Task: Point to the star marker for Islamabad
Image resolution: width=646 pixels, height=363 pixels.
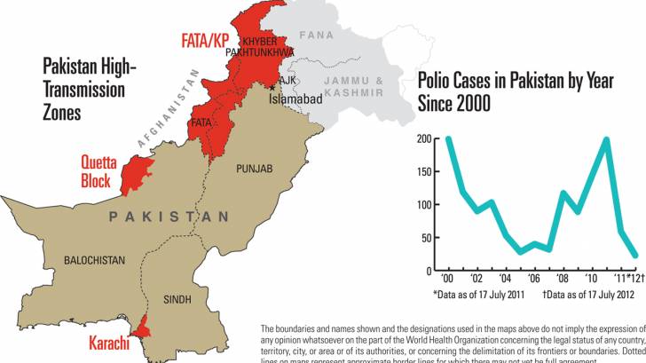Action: [272, 87]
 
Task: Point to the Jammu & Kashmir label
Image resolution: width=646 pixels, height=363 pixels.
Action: [353, 86]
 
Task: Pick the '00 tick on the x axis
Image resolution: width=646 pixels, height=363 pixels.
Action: [448, 278]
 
